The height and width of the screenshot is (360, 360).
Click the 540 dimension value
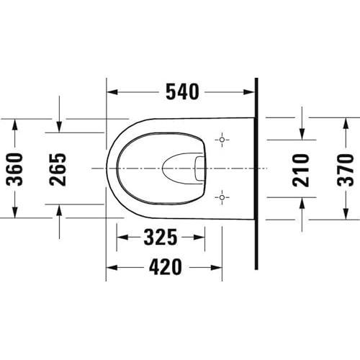(182, 91)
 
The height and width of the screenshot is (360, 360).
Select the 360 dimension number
(14, 169)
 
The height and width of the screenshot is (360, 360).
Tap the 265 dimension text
(58, 169)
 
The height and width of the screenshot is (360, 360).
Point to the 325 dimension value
(161, 238)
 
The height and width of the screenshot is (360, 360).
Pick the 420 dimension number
(166, 267)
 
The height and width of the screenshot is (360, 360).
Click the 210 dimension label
(301, 171)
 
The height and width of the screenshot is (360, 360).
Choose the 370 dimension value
(346, 170)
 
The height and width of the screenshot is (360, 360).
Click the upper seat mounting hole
(222, 140)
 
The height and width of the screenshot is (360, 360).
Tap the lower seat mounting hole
(222, 197)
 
